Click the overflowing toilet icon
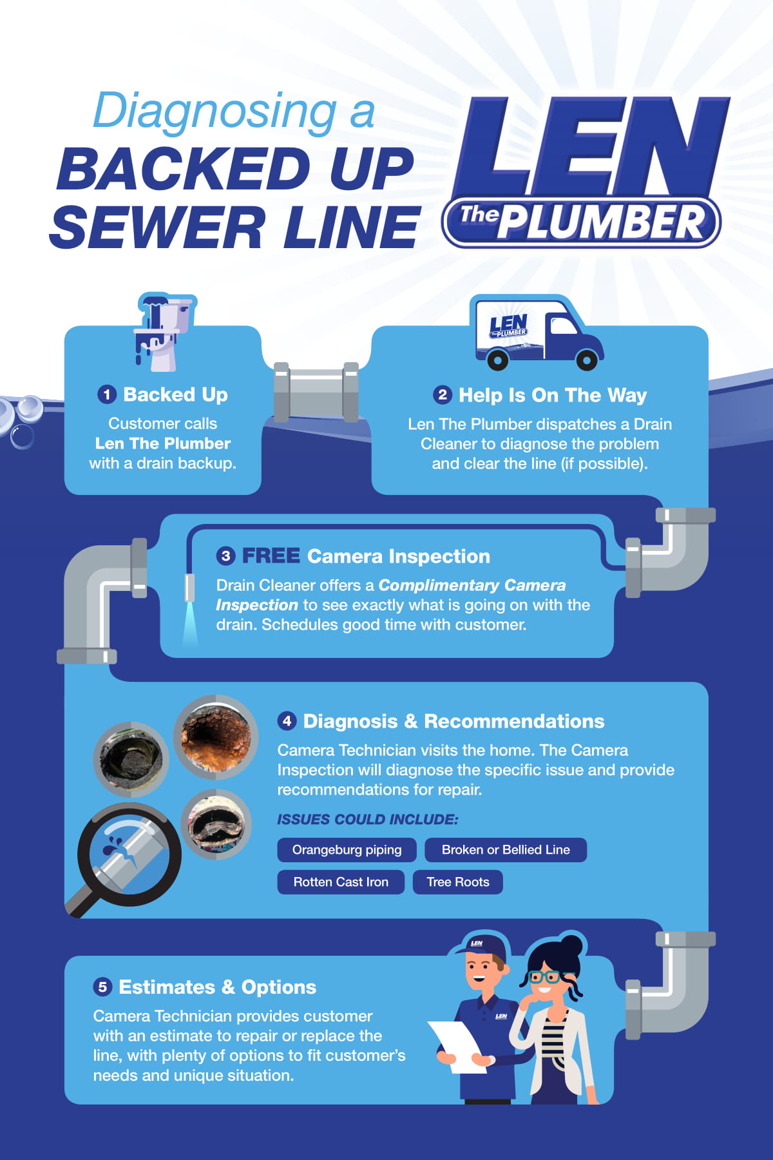[x=164, y=332]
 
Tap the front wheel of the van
[x=586, y=359]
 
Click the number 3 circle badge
[x=225, y=556]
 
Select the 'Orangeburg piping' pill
[x=347, y=850]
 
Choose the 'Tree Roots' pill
[x=457, y=882]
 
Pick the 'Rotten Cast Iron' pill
[x=341, y=882]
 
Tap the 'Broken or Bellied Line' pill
[x=506, y=850]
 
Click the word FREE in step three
[x=271, y=556]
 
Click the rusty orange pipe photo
[x=216, y=737]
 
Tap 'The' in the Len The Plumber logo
[x=479, y=215]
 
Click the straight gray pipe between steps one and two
[x=316, y=393]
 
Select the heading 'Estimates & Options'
[x=217, y=987]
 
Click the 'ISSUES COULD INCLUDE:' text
[x=367, y=820]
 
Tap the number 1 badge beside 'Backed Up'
[x=107, y=394]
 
